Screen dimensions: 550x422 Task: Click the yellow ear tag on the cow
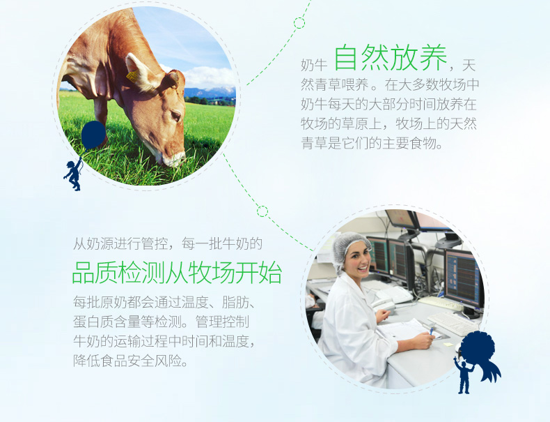coord(132,76)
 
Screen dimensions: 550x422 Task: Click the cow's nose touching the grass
coord(174,160)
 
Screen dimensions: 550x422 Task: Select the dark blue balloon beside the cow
coord(93,134)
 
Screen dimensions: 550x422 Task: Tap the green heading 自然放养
coord(390,58)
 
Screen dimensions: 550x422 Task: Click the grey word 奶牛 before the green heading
coord(313,65)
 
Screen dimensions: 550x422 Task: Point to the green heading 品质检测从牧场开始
coord(177,273)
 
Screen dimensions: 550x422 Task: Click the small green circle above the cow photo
coord(299,23)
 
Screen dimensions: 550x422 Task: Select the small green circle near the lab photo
coord(262,211)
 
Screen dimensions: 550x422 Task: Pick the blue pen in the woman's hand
coord(432,331)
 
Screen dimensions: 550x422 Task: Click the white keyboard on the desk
coord(452,322)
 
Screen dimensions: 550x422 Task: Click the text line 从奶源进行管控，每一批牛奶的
coord(168,243)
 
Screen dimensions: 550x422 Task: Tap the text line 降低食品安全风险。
coord(130,361)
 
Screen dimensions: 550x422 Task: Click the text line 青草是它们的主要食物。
coord(372,143)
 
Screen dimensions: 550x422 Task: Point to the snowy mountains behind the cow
coord(210,91)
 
